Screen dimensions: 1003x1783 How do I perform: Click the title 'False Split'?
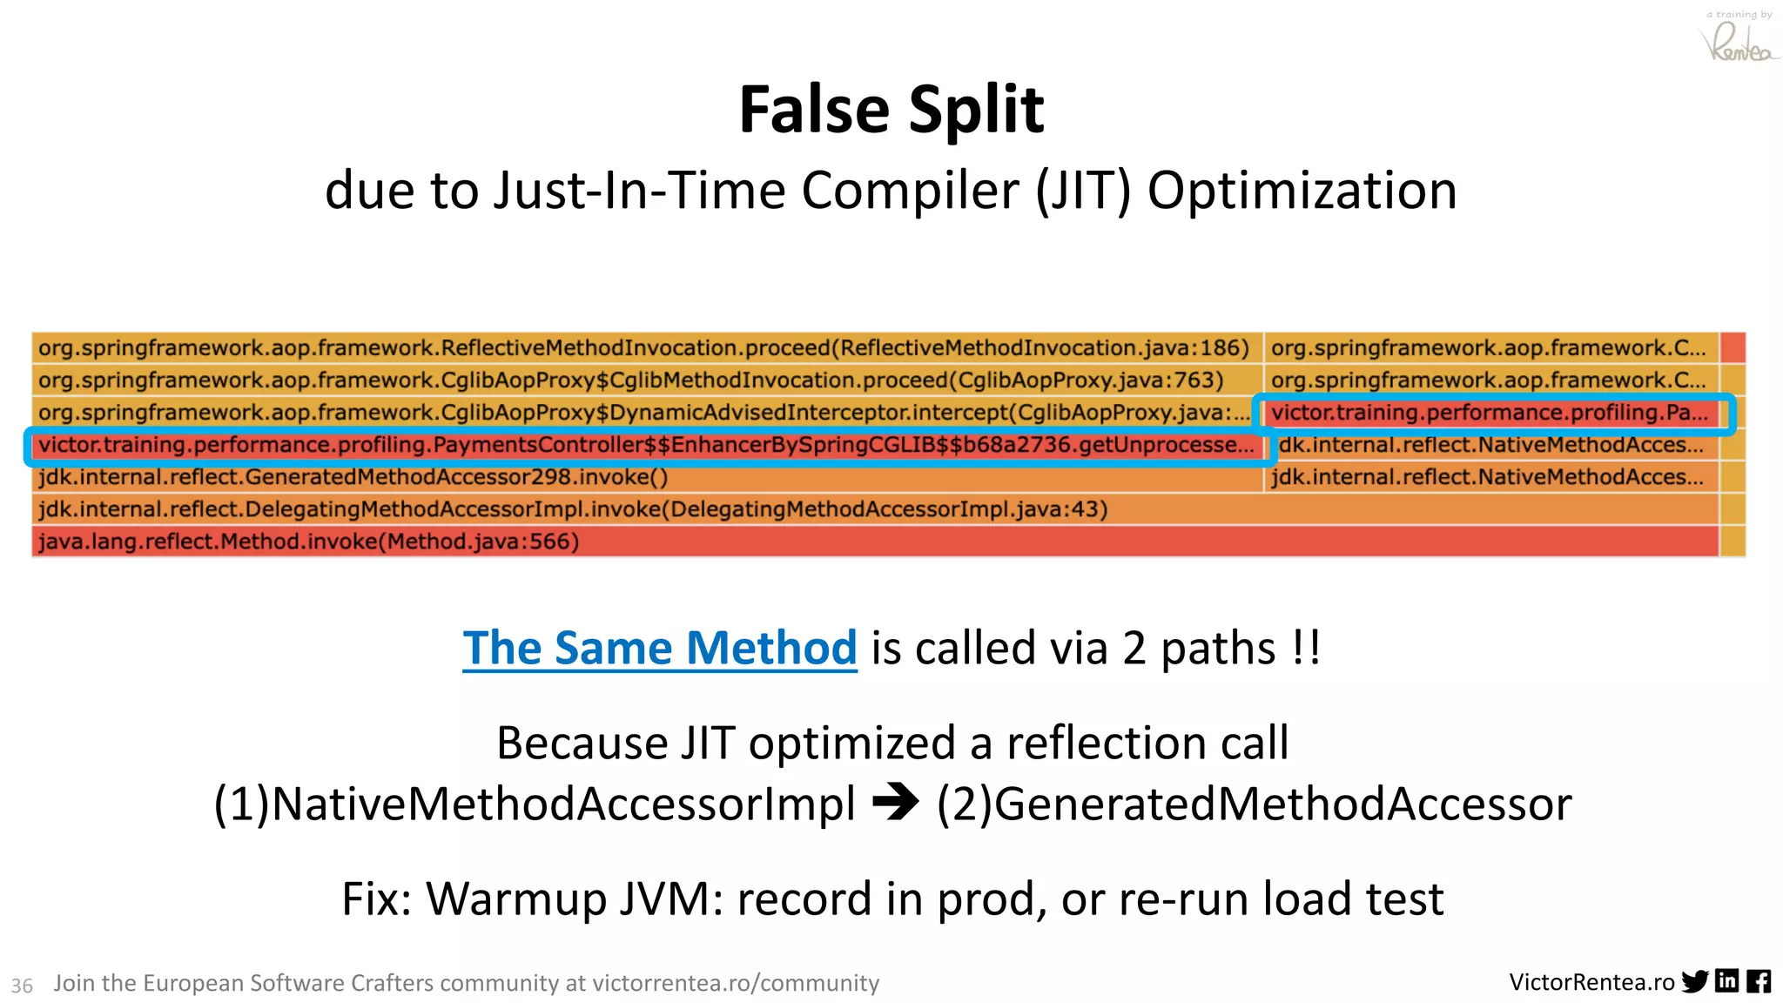tap(891, 110)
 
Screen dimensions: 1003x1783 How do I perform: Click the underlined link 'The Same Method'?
tap(659, 649)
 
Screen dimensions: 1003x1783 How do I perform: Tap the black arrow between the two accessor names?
tap(895, 802)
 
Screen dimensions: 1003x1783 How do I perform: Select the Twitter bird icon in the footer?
tap(1694, 982)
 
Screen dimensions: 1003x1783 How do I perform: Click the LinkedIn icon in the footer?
tap(1726, 981)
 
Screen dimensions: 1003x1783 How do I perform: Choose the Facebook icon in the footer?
tap(1759, 981)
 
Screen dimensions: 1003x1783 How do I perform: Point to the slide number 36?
tap(22, 986)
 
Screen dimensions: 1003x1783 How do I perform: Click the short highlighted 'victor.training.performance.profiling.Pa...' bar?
tap(1490, 413)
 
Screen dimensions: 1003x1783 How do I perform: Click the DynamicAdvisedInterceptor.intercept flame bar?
tap(644, 413)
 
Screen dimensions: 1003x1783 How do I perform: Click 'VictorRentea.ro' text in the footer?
tap(1591, 982)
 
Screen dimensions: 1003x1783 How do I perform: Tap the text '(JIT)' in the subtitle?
tap(1083, 191)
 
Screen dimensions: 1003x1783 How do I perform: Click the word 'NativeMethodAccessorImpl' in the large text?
tap(563, 804)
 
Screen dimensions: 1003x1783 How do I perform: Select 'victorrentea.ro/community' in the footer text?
tap(736, 983)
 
